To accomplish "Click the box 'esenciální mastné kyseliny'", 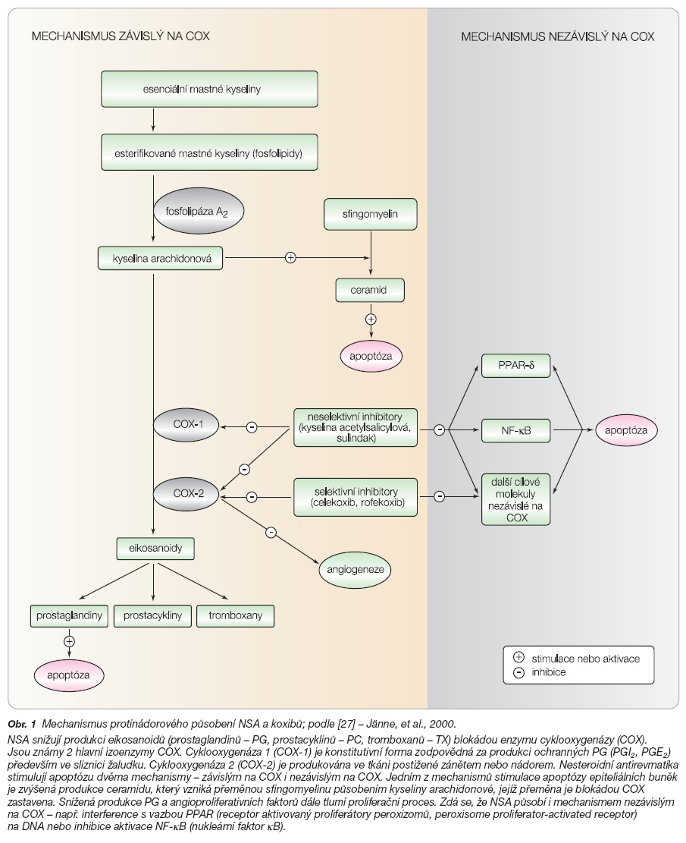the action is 209,90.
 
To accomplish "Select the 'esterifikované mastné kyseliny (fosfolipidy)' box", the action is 209,153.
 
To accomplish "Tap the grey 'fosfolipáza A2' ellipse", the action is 199,211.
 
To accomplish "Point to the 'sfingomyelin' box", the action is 370,214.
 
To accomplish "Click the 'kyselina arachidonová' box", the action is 161,258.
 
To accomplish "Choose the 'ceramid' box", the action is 370,291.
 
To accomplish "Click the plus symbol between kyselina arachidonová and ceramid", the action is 290,257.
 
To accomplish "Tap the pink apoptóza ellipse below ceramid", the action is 371,356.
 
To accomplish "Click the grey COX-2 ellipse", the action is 186,493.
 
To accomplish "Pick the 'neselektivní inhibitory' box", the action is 355,427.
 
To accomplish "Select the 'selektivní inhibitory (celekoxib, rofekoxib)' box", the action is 355,497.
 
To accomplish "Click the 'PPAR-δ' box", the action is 515,366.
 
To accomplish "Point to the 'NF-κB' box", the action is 515,431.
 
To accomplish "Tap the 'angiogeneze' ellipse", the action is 355,569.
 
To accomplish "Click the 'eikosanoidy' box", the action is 155,549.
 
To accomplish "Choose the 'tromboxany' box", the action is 235,615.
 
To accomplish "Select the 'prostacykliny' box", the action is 153,615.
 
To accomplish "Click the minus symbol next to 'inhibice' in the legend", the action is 518,672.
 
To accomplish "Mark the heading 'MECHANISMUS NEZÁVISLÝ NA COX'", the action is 558,36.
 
